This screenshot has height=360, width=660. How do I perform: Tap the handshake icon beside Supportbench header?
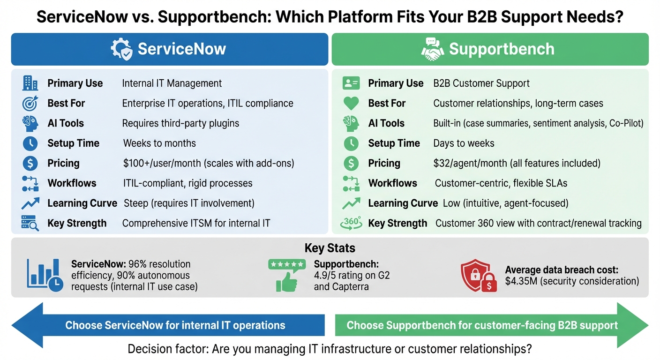tap(433, 49)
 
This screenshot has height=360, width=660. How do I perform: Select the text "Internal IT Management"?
tap(172, 83)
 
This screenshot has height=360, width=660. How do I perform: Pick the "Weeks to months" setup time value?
tap(159, 143)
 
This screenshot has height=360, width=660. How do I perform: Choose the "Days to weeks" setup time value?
tap(464, 143)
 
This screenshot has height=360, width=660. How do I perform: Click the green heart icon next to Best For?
tap(351, 103)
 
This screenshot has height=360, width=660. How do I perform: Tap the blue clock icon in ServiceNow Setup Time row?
tap(30, 143)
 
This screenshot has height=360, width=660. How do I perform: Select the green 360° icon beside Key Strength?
tap(351, 223)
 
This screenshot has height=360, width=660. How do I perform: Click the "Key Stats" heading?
tap(330, 248)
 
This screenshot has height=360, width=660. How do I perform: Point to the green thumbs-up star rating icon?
tap(286, 276)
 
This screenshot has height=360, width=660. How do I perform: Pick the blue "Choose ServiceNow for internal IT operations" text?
tap(175, 325)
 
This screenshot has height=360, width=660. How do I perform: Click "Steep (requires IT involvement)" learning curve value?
tap(189, 203)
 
